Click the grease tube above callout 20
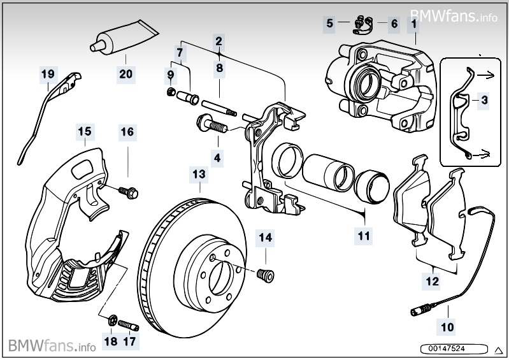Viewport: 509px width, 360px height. point(124,37)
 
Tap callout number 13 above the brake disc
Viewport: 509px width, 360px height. point(199,174)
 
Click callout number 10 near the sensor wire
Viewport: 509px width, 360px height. point(447,328)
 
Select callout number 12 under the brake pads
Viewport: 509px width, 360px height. point(433,281)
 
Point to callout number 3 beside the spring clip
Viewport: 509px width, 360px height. point(485,100)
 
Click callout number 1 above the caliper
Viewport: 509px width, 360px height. point(414,24)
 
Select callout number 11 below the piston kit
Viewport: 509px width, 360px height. point(364,236)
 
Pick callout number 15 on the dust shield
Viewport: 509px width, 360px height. point(85,132)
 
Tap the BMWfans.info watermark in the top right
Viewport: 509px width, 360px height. point(454,15)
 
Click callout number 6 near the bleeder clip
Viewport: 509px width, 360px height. point(394,24)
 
